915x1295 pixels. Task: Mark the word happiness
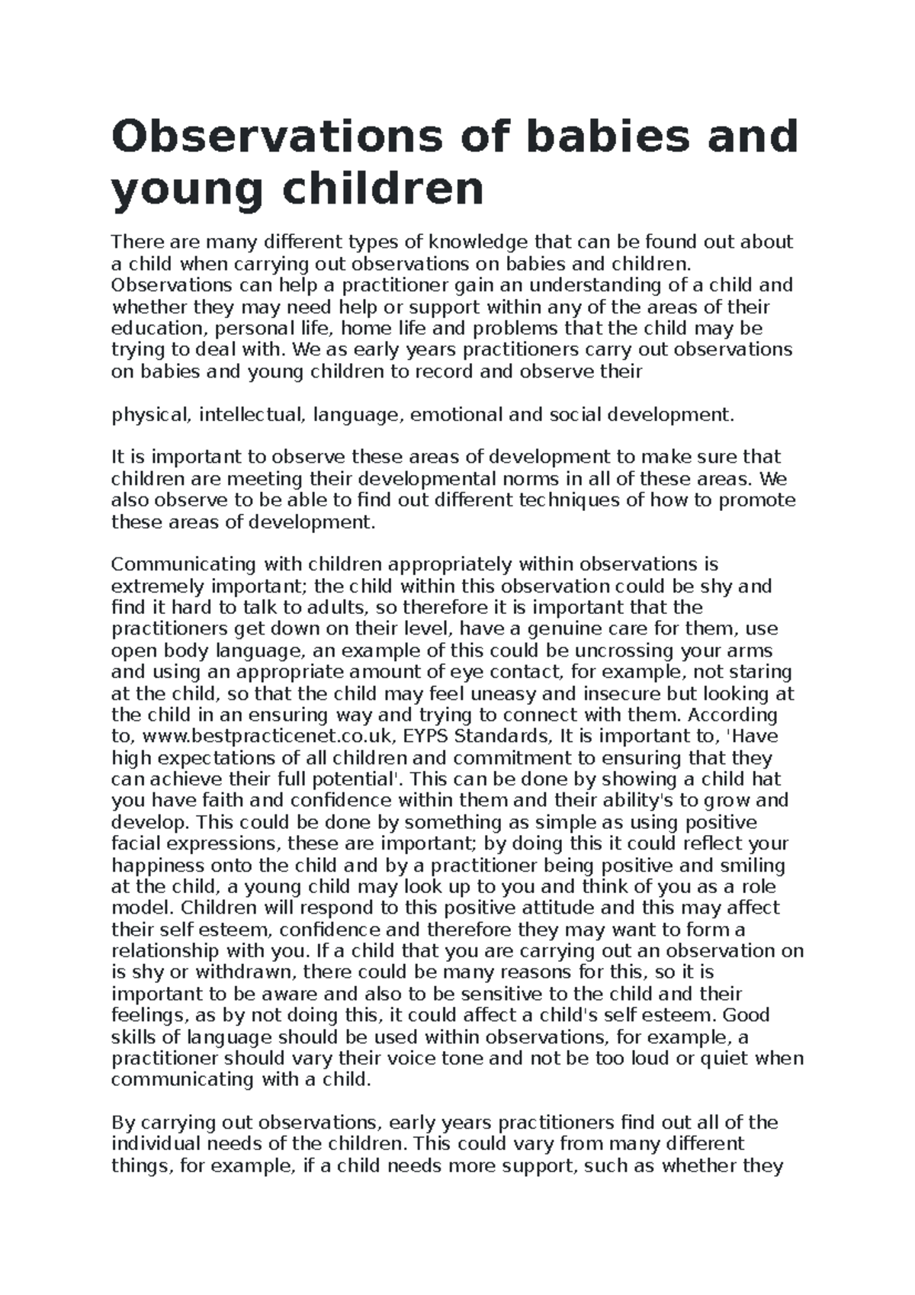pos(157,866)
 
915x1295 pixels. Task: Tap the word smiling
pos(745,866)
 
